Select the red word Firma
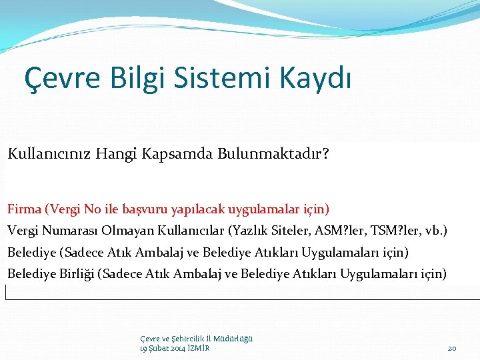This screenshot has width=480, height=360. pos(24,209)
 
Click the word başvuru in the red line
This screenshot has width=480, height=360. pos(147,209)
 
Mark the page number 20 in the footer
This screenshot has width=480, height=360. pos(451,348)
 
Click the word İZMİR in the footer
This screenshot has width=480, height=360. pos(199,348)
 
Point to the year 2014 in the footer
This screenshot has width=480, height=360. pos(177,348)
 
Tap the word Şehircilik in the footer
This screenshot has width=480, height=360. pos(182,339)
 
